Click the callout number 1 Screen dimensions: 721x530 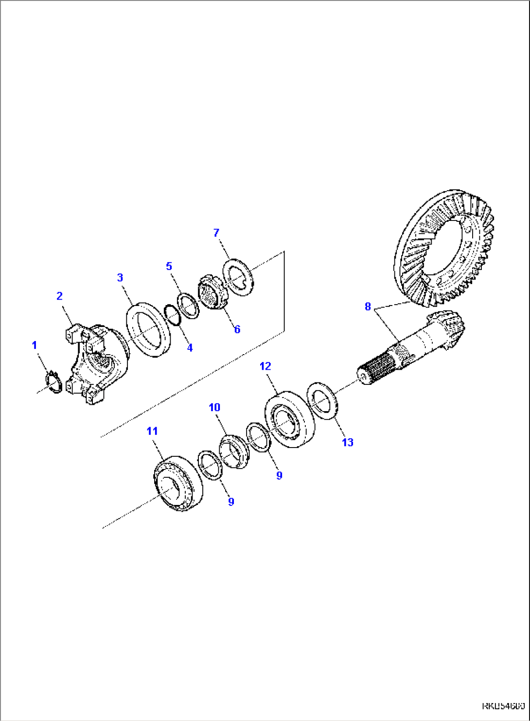(x=35, y=345)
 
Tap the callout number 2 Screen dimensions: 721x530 (x=59, y=296)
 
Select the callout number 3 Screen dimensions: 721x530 (x=120, y=278)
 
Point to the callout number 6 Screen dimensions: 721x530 (x=237, y=329)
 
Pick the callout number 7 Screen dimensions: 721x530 (x=216, y=233)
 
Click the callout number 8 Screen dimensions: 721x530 (x=368, y=306)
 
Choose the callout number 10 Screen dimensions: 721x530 (x=214, y=407)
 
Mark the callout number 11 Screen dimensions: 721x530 (x=152, y=431)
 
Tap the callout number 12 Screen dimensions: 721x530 (x=265, y=366)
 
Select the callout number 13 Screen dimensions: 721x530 (x=348, y=442)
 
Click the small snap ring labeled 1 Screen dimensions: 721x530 (x=53, y=381)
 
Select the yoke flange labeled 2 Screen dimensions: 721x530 (x=95, y=360)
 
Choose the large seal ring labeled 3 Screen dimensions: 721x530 (x=148, y=329)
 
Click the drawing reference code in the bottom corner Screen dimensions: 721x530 (x=503, y=705)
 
